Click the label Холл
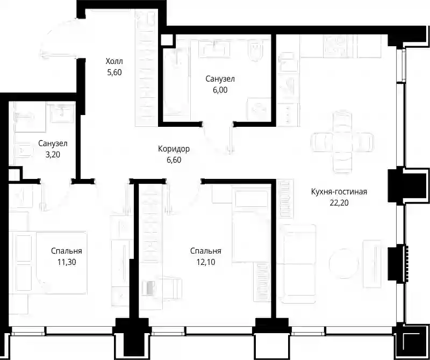114,61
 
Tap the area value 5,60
114,73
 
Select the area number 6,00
220,90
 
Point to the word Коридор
174,149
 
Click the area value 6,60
174,160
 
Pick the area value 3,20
53,155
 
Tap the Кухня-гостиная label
339,192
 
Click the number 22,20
339,203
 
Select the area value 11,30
67,262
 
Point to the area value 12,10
206,262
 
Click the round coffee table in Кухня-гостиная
343,263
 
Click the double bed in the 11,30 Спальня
48,263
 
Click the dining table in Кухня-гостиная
342,142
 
